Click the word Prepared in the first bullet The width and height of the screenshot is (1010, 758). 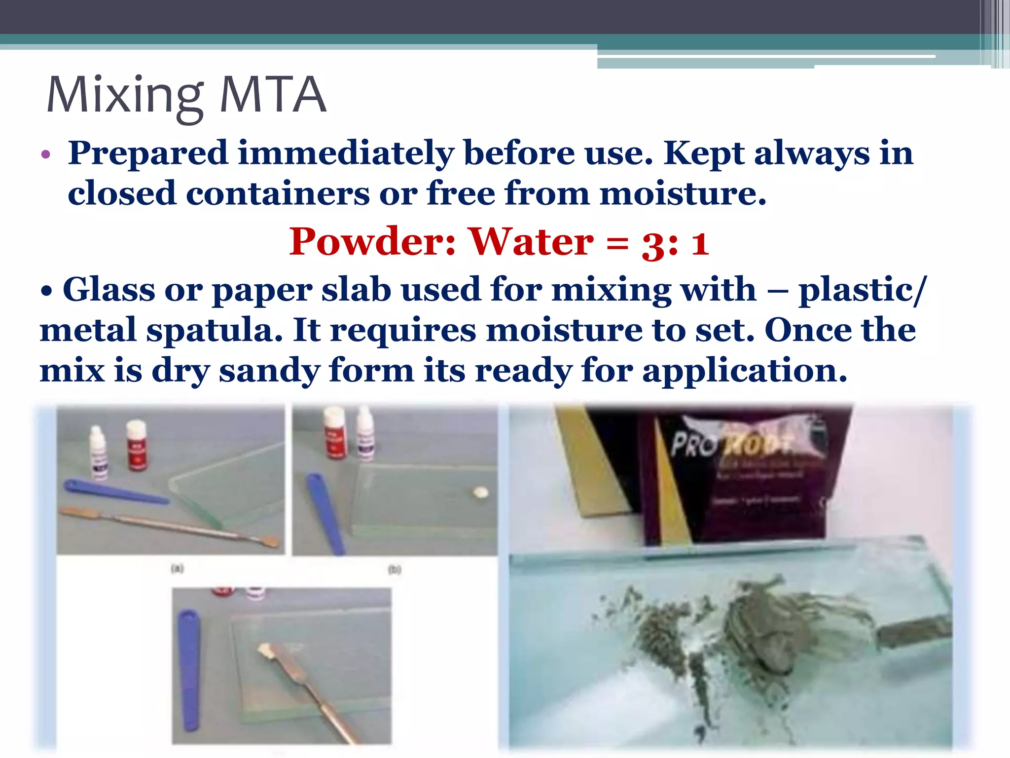pyautogui.click(x=148, y=153)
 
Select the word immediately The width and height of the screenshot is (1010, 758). pyautogui.click(x=345, y=153)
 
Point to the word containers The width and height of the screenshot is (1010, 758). pyautogui.click(x=278, y=193)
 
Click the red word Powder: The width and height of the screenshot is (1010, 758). pyautogui.click(x=372, y=242)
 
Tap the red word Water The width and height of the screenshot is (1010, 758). pyautogui.click(x=531, y=242)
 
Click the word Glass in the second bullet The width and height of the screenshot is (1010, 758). pyautogui.click(x=108, y=290)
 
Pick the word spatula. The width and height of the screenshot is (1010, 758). pyautogui.click(x=215, y=331)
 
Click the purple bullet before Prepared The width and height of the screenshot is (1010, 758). pyautogui.click(x=46, y=155)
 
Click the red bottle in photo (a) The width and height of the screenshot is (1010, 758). pyautogui.click(x=137, y=445)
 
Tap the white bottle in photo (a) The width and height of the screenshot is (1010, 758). pyautogui.click(x=98, y=453)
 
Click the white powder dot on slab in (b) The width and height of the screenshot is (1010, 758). pyautogui.click(x=480, y=492)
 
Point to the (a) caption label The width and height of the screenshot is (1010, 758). pyautogui.click(x=178, y=568)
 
